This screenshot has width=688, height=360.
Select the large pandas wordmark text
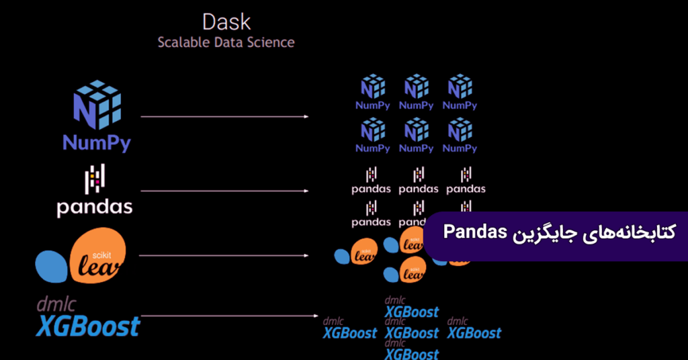[x=95, y=207]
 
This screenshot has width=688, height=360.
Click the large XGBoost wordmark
[x=88, y=326]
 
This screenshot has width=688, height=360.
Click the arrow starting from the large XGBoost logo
[x=228, y=315]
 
